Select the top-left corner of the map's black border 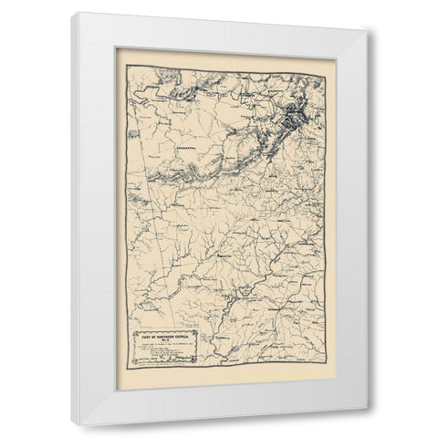(127, 66)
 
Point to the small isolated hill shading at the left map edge (134, 135)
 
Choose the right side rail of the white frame (356, 228)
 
